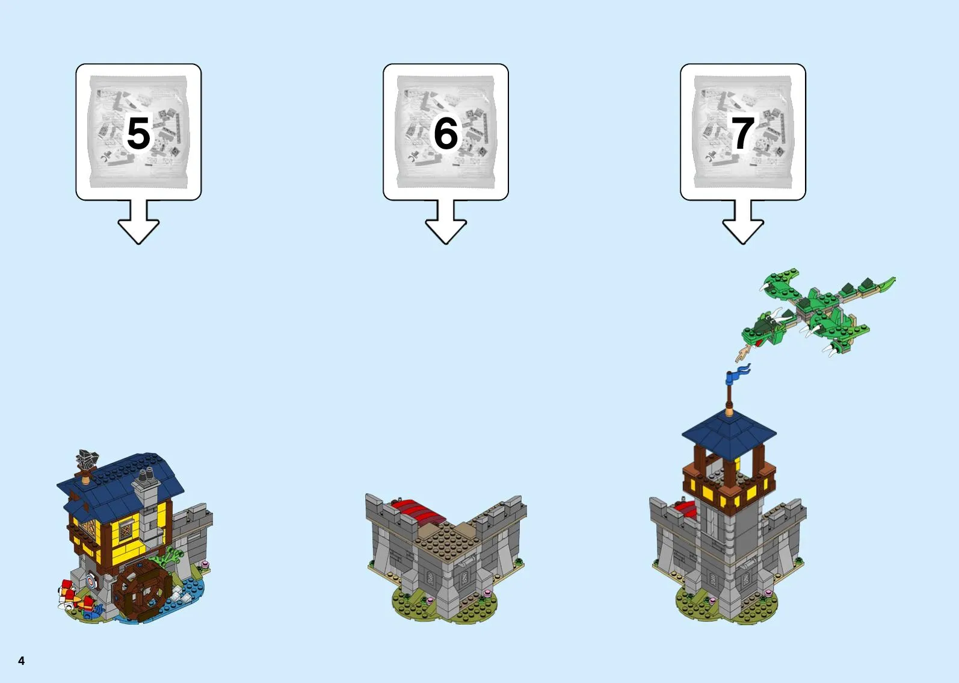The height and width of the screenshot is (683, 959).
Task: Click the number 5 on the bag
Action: tap(139, 133)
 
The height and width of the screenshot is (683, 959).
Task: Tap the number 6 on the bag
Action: tap(446, 133)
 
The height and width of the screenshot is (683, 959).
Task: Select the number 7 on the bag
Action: tap(743, 133)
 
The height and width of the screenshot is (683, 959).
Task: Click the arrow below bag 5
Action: tap(139, 222)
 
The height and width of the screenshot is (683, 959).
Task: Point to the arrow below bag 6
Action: tap(446, 222)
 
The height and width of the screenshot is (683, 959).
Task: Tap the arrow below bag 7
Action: tap(743, 222)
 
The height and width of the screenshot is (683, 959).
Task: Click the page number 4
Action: tap(22, 661)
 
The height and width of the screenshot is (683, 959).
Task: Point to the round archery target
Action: tap(91, 581)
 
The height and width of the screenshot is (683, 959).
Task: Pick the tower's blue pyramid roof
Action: tap(729, 434)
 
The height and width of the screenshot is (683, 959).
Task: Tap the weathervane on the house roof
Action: tap(87, 464)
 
